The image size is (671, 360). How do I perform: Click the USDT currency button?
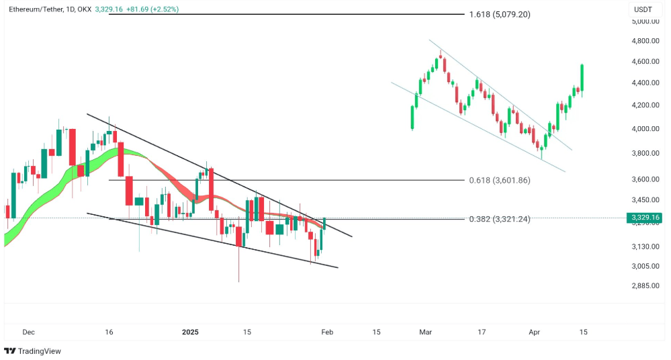point(643,10)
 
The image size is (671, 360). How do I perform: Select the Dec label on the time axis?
point(28,332)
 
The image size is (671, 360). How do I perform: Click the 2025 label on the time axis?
point(191,332)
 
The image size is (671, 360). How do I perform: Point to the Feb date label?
point(327,332)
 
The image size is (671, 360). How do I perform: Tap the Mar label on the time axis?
point(425,332)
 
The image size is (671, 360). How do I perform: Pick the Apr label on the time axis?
point(535,332)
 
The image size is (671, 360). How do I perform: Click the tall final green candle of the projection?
point(582,78)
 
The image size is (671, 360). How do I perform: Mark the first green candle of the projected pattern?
point(412,117)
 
